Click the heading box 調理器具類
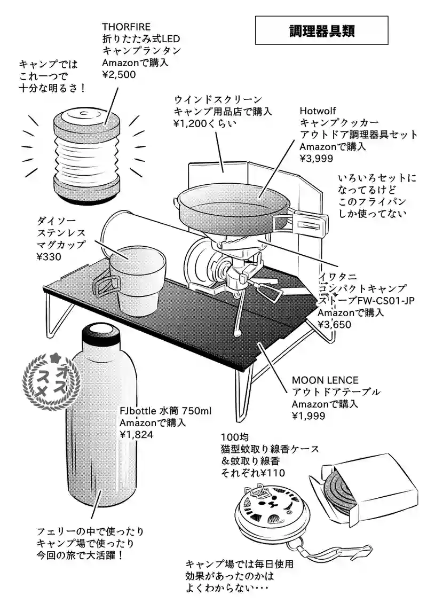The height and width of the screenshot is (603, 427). pos(321,30)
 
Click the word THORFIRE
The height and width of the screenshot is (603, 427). pos(126,26)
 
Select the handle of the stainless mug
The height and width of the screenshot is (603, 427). pos(103,278)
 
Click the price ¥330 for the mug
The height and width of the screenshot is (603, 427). pos(49,256)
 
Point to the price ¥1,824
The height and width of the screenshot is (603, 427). pos(137,435)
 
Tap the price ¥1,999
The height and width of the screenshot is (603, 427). pos(308,416)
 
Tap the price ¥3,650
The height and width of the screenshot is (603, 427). pos(335,324)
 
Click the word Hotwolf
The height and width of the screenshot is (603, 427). pos(318,111)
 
